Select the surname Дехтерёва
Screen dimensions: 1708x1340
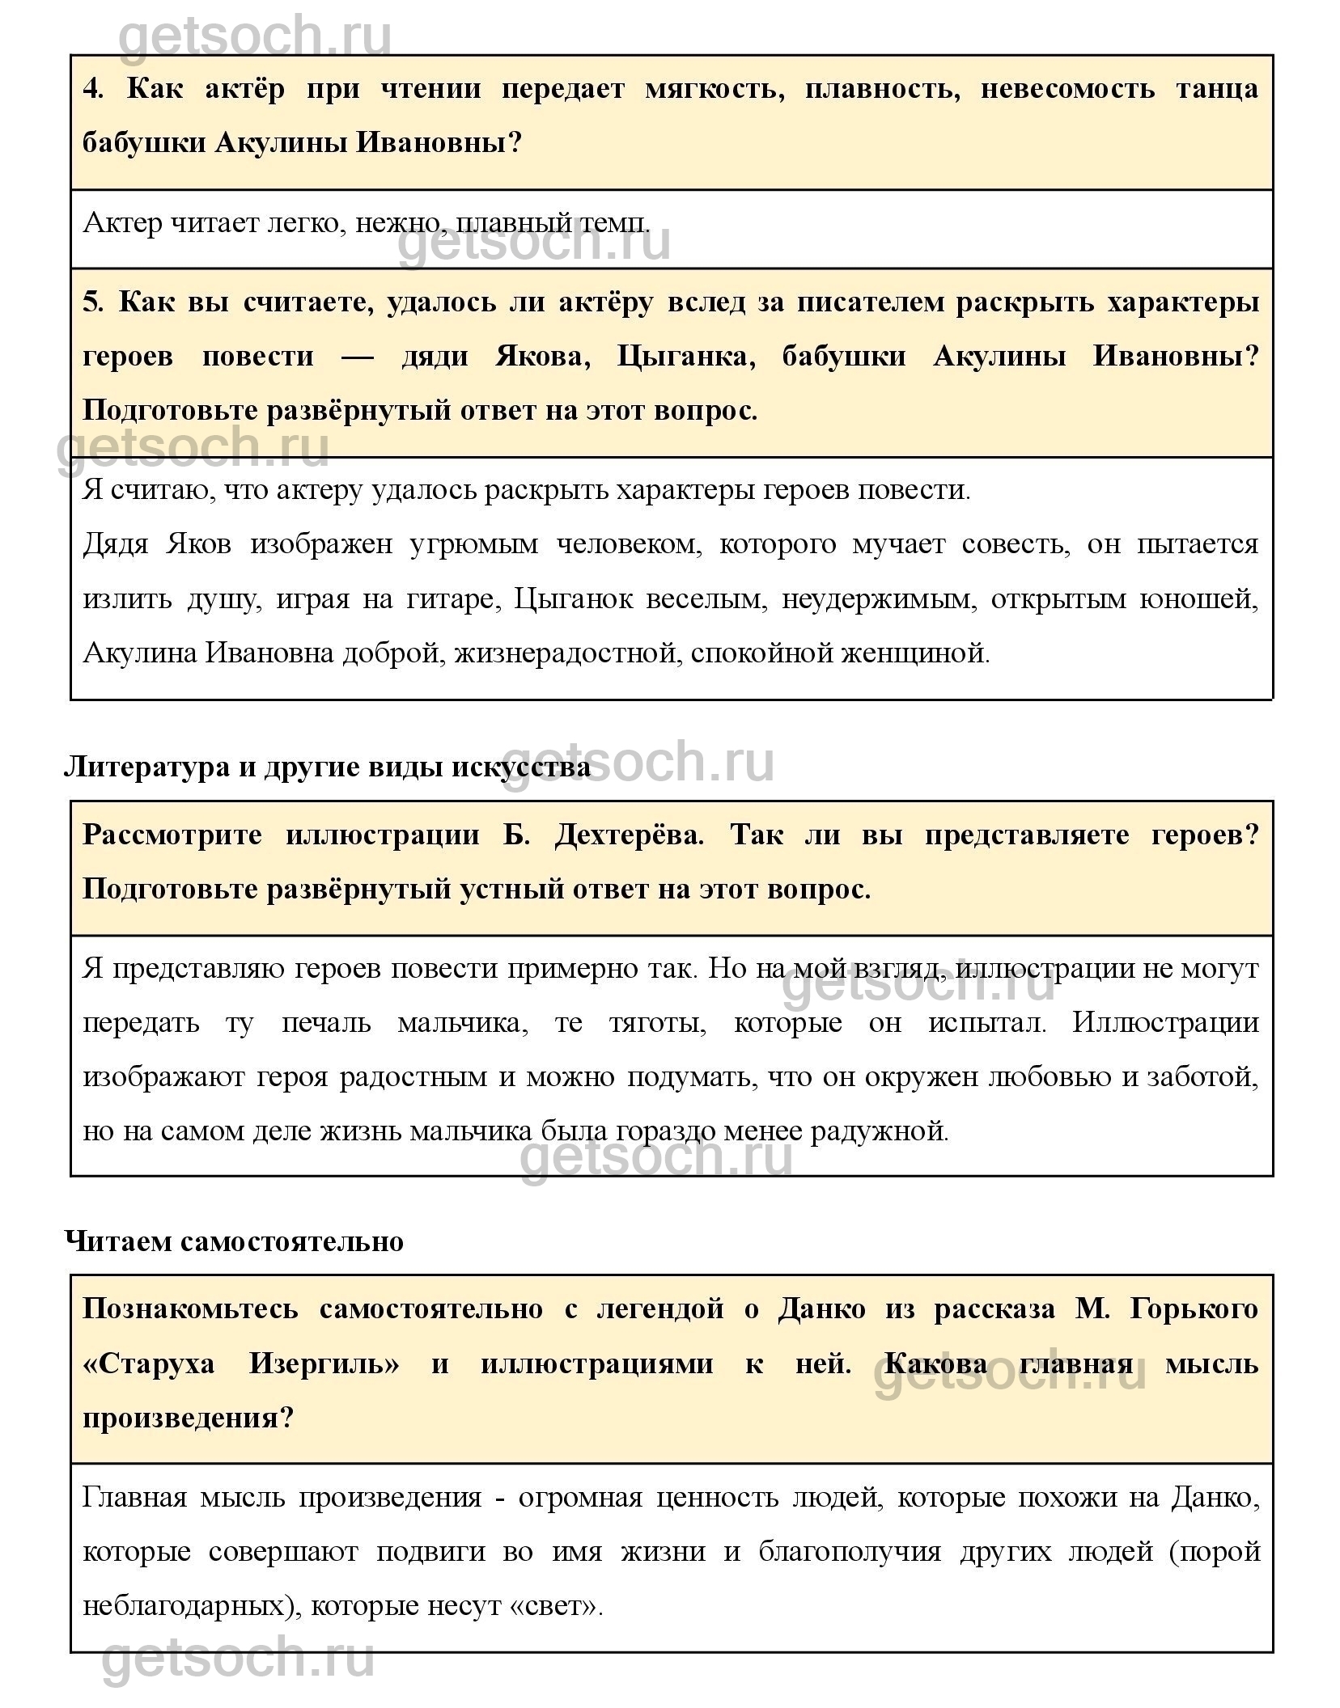630,835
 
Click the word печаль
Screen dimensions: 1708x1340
326,1022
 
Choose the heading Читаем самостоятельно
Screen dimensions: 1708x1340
234,1241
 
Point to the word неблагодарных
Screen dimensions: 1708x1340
192,1606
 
